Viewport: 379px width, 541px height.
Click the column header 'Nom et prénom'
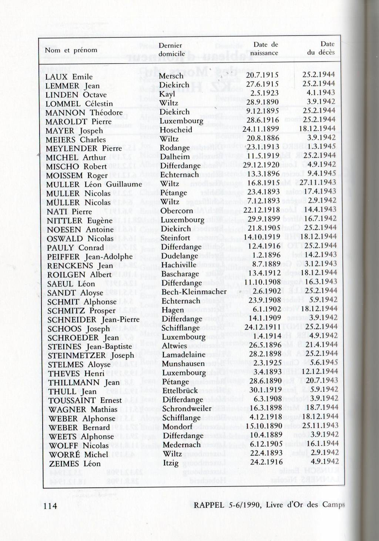pos(71,50)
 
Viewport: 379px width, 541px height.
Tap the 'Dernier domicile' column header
pos(171,50)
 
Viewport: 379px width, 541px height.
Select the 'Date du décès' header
pos(321,48)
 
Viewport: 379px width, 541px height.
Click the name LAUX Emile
pos(69,77)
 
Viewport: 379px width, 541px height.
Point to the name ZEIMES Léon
pos(75,464)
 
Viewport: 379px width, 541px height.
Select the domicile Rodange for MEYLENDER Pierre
pos(175,148)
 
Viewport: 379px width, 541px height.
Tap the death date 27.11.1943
pos(318,182)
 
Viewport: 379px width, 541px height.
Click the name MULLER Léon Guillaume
pos(94,184)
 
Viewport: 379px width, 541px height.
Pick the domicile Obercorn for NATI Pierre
pos(177,211)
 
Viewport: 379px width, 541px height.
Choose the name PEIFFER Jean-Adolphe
pos(90,257)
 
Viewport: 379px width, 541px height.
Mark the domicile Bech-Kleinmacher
pos(194,292)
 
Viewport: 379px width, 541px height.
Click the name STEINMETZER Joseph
pos(91,355)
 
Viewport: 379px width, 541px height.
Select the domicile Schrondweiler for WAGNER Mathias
pos(187,408)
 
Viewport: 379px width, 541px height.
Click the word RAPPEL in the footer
pos(209,505)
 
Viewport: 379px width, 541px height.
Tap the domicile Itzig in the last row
pos(171,463)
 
